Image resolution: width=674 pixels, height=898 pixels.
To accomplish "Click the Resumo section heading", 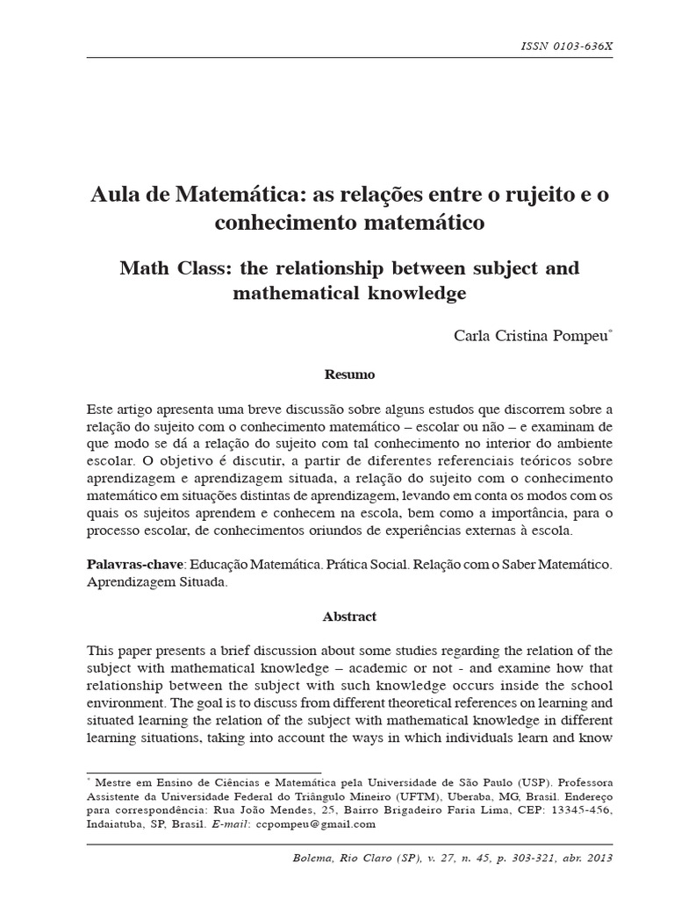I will (x=350, y=374).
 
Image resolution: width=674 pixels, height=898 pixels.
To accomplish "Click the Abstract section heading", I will (x=350, y=616).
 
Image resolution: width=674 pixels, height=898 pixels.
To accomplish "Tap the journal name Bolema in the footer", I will (x=313, y=857).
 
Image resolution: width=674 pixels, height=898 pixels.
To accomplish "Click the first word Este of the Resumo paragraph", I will (x=101, y=409).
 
